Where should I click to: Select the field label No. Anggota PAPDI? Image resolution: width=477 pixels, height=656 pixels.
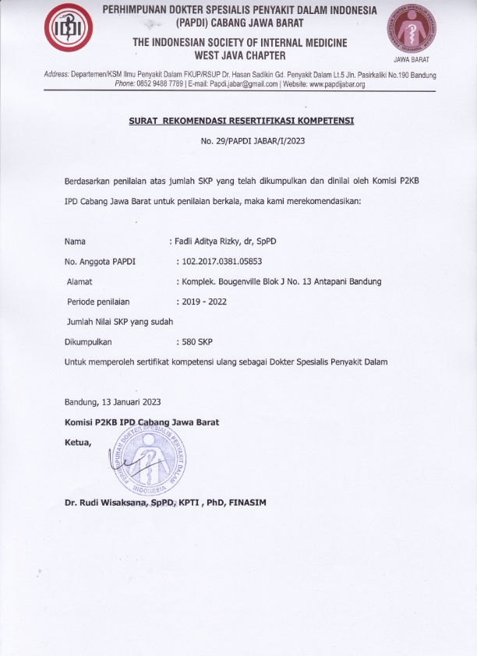(100, 262)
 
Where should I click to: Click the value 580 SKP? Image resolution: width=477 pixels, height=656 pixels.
(197, 341)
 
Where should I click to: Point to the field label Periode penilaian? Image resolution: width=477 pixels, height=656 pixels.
(99, 302)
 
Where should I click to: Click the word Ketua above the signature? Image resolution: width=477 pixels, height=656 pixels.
(78, 443)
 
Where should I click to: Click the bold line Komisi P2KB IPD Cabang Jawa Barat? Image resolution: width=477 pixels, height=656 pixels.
(142, 422)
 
